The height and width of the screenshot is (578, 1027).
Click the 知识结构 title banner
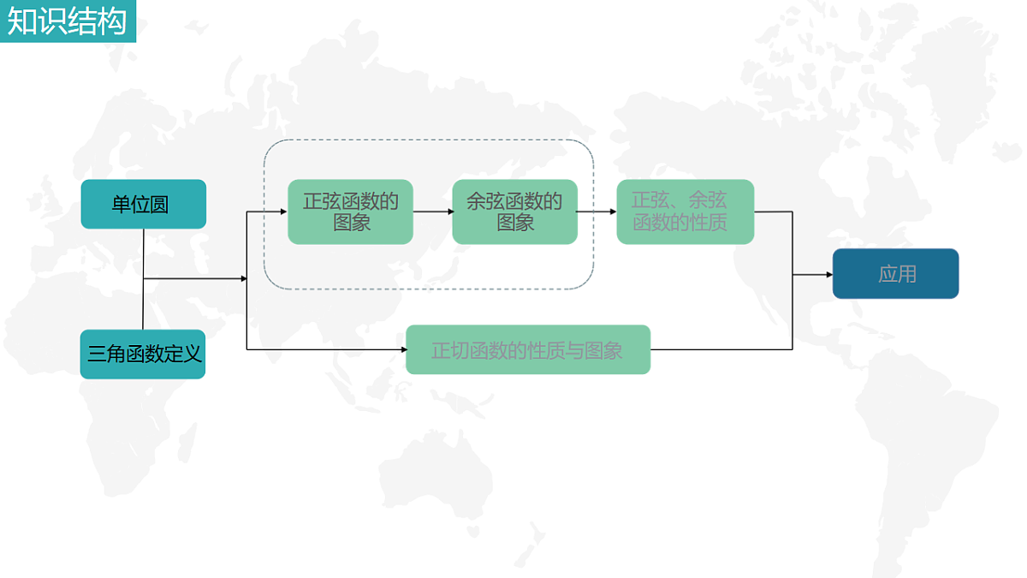(x=68, y=21)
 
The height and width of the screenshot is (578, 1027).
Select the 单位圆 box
(x=144, y=204)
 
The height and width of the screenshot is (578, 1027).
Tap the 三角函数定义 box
(x=143, y=355)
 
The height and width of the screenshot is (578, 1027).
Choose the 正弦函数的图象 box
(x=350, y=212)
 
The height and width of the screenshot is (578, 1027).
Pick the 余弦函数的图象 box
(x=514, y=212)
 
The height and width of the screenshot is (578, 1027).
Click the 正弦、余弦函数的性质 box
(x=685, y=212)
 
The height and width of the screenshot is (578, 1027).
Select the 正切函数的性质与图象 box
(x=528, y=349)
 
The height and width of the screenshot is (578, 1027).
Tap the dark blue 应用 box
(x=895, y=274)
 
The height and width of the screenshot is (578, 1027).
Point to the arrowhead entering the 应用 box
(x=829, y=275)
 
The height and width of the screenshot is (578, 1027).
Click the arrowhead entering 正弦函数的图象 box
(x=284, y=212)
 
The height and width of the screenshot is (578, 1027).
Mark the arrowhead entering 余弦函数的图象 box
(x=451, y=212)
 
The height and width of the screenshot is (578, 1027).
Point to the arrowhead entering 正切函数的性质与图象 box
(x=404, y=349)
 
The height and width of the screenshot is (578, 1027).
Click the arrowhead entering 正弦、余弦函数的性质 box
(x=613, y=212)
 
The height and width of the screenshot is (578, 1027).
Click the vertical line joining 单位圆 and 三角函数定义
(x=143, y=279)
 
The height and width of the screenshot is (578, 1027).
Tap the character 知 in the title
(x=22, y=21)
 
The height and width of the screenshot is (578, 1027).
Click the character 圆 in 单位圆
(x=159, y=205)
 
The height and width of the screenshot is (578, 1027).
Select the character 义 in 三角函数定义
(x=192, y=355)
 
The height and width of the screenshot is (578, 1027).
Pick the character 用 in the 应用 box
(x=907, y=274)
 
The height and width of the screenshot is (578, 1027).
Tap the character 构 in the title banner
(x=112, y=21)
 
